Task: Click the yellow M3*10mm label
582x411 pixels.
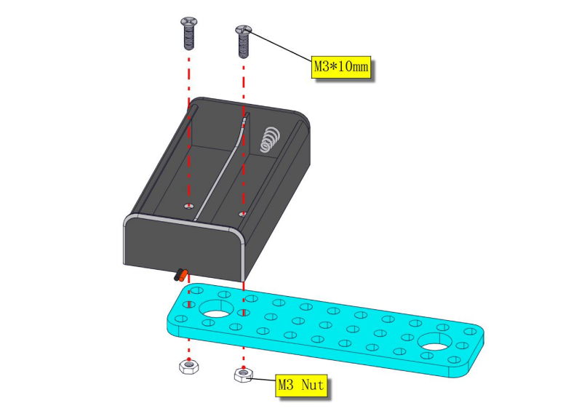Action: (341, 67)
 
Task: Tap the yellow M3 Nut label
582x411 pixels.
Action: (301, 385)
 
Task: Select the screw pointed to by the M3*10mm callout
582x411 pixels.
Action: (243, 41)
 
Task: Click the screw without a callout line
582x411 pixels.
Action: (189, 33)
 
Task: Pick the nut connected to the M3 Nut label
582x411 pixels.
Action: (243, 374)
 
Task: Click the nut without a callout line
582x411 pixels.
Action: (188, 367)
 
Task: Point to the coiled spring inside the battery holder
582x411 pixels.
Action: (269, 139)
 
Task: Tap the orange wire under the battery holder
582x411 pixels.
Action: (183, 276)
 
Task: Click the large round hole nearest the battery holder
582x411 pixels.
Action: (216, 308)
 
